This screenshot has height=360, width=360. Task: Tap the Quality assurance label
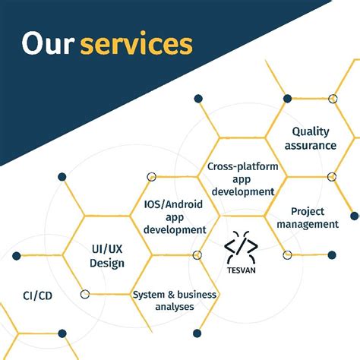pyautogui.click(x=309, y=138)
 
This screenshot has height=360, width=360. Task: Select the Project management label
pyautogui.click(x=308, y=217)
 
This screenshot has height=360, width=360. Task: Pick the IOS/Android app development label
pyautogui.click(x=175, y=216)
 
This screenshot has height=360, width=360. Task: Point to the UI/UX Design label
pyautogui.click(x=106, y=255)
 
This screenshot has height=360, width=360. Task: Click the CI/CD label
pyautogui.click(x=38, y=294)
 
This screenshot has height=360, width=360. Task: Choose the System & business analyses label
pyautogui.click(x=174, y=300)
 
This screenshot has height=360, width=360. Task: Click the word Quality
pyautogui.click(x=310, y=131)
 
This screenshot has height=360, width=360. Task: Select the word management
pyautogui.click(x=308, y=224)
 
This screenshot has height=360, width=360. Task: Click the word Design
pyautogui.click(x=106, y=263)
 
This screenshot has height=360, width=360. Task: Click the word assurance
pyautogui.click(x=309, y=145)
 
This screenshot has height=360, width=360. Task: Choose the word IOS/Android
pyautogui.click(x=175, y=204)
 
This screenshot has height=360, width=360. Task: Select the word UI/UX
pyautogui.click(x=106, y=248)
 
